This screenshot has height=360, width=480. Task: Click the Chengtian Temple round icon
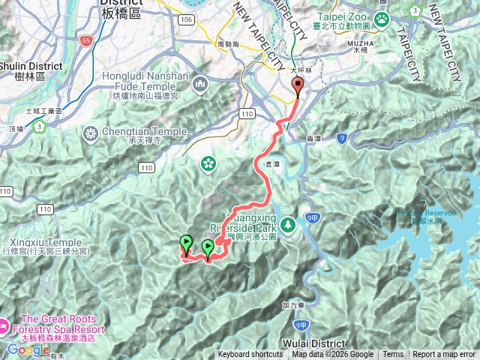(91, 134)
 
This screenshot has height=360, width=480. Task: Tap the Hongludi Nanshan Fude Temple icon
(199, 85)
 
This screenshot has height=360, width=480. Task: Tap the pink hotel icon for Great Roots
(4, 325)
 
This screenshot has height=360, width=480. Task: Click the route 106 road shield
(187, 19)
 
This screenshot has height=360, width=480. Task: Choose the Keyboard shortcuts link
(250, 355)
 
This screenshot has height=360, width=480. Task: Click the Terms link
(393, 355)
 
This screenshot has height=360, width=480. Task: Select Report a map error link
(444, 355)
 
